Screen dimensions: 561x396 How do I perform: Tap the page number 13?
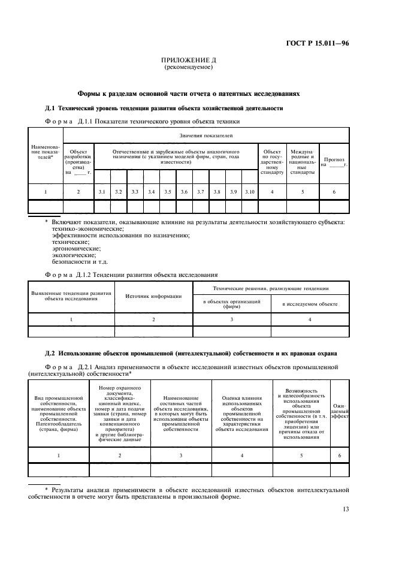click(x=346, y=509)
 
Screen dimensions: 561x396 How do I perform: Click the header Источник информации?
click(x=153, y=295)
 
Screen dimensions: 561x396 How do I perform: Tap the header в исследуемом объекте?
click(x=310, y=304)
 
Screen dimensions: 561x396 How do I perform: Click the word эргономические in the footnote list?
click(x=76, y=248)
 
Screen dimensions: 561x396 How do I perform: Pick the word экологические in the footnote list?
click(x=74, y=255)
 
